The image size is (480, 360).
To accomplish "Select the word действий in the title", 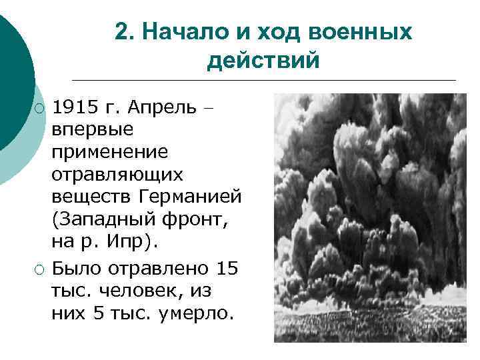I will click(263, 61).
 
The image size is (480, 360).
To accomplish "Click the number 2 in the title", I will click(121, 32).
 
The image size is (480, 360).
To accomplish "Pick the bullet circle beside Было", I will click(41, 269).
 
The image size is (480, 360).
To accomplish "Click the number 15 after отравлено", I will click(227, 269).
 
